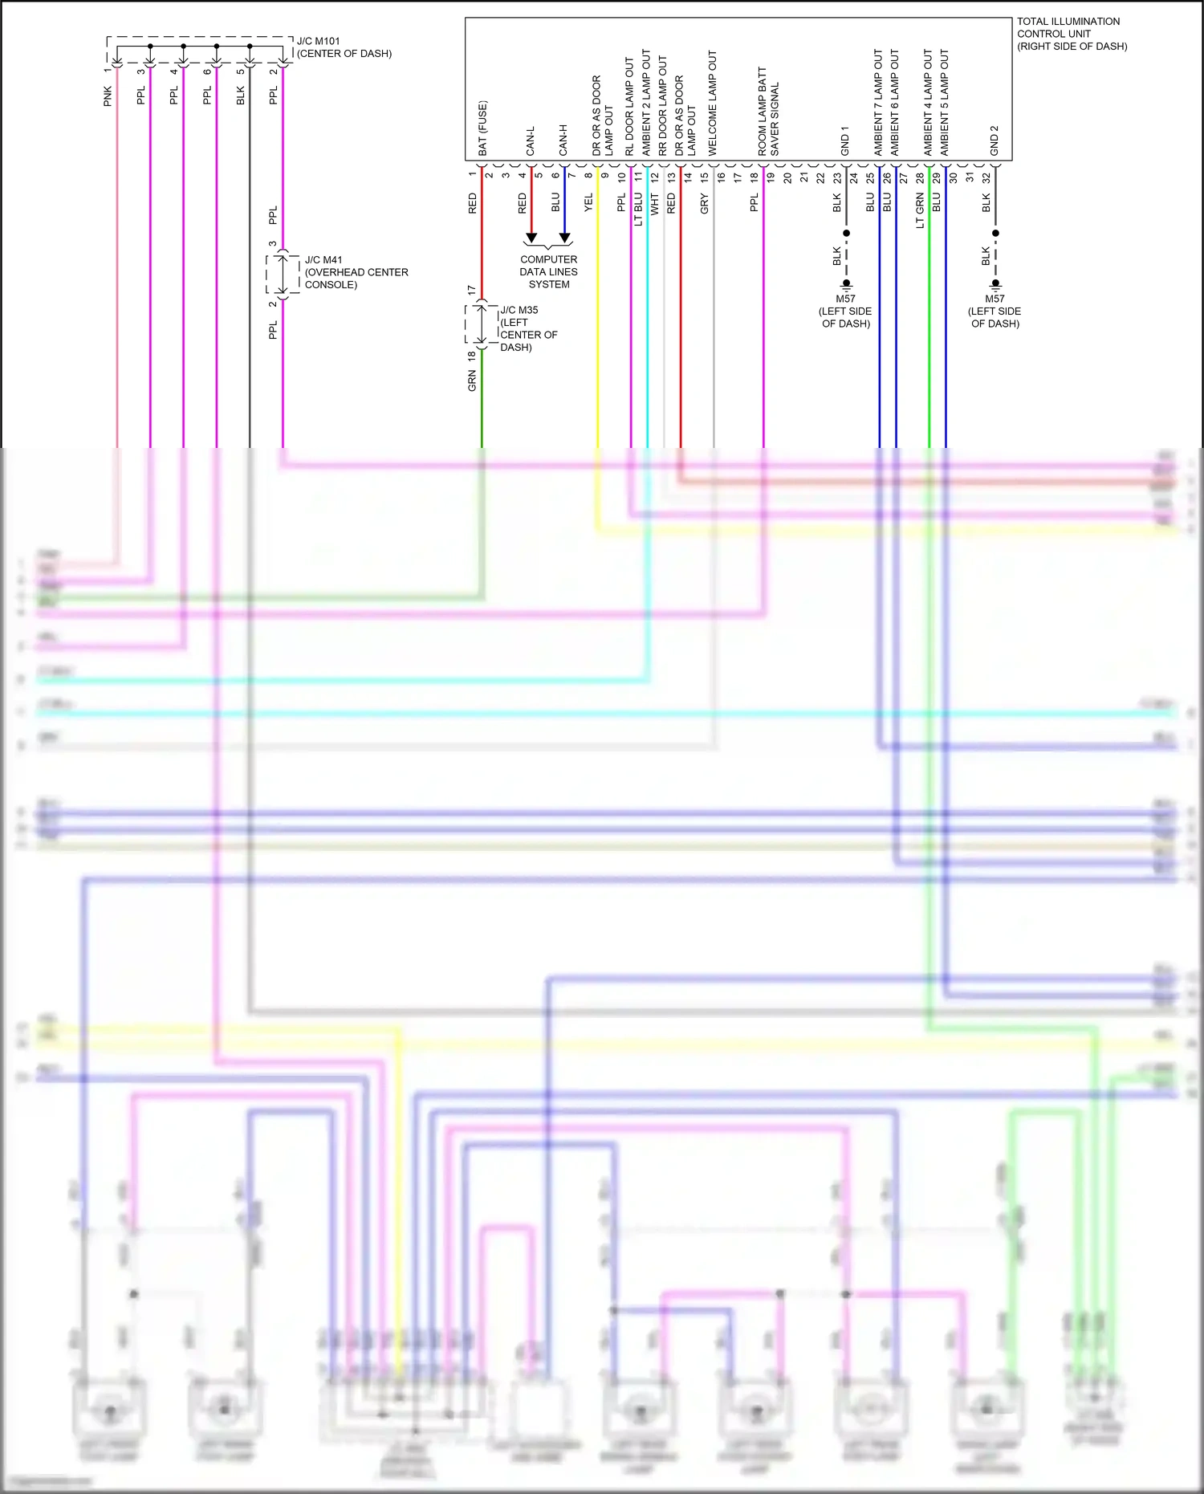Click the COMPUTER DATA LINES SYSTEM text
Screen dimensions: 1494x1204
[548, 272]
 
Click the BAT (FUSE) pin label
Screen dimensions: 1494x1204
[482, 128]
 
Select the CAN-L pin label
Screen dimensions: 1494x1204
[530, 140]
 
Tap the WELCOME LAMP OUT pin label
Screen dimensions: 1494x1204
[712, 103]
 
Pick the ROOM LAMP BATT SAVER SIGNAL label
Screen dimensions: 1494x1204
[768, 112]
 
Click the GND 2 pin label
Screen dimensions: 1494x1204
[994, 140]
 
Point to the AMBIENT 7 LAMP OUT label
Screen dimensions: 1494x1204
[878, 103]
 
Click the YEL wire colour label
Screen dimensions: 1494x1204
[588, 202]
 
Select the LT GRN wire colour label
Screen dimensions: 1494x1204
[920, 210]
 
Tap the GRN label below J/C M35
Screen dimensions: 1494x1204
[472, 381]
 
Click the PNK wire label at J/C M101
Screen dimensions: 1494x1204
[108, 96]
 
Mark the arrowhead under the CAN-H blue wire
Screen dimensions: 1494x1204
[564, 238]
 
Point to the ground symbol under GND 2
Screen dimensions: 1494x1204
[995, 284]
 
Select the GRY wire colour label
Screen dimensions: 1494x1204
[704, 203]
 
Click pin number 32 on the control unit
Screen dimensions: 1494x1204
[986, 178]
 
